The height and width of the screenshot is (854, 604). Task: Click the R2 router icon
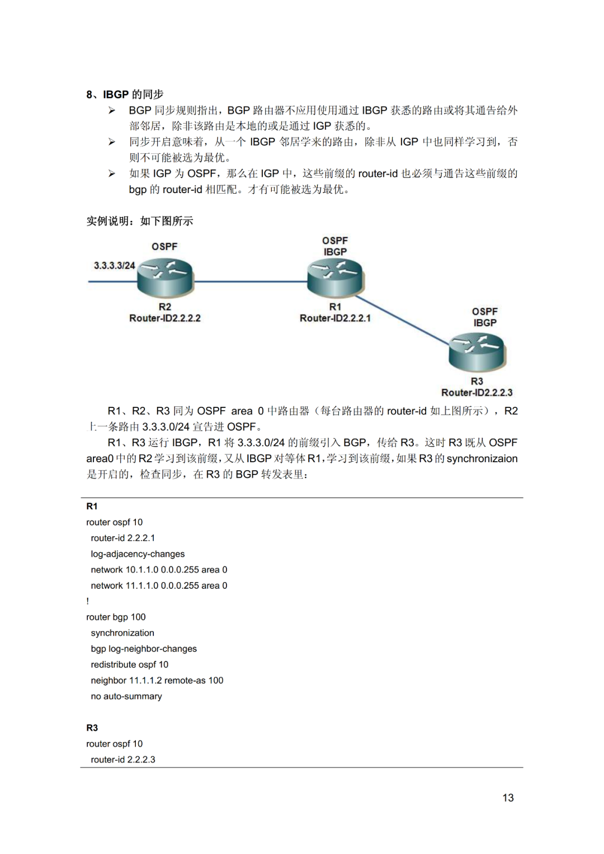pos(166,278)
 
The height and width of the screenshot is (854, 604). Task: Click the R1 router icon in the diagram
pos(336,278)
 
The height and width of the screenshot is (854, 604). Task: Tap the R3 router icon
pos(476,352)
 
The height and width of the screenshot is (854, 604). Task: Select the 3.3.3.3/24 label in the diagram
pos(114,265)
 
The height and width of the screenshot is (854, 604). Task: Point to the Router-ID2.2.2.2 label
pos(164,318)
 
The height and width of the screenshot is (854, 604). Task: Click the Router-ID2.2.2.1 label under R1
pos(335,318)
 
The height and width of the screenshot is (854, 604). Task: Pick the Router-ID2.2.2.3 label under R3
pos(476,392)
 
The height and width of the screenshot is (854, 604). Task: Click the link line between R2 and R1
pos(251,281)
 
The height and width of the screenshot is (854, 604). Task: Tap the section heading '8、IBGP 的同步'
pos(125,94)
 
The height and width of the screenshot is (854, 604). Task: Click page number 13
pos(508,797)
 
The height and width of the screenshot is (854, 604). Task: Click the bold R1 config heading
pos(92,506)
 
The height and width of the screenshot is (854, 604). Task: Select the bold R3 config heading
pos(92,728)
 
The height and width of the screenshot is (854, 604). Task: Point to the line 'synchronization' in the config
pos(122,633)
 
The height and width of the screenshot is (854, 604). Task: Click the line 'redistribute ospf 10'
pos(130,664)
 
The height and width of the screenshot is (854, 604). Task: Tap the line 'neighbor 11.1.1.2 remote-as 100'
pos(157,680)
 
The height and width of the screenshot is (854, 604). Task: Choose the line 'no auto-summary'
pos(126,696)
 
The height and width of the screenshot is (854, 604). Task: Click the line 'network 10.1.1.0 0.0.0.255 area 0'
pos(159,570)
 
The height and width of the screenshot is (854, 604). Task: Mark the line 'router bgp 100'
pos(116,617)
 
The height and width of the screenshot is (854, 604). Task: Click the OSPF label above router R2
pos(164,247)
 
